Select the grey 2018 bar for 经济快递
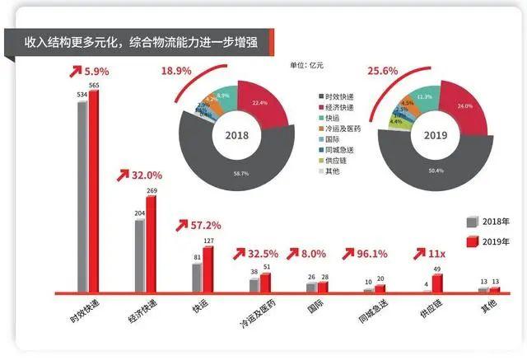click(x=140, y=256)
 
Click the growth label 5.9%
click(x=96, y=72)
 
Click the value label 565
click(x=94, y=83)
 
